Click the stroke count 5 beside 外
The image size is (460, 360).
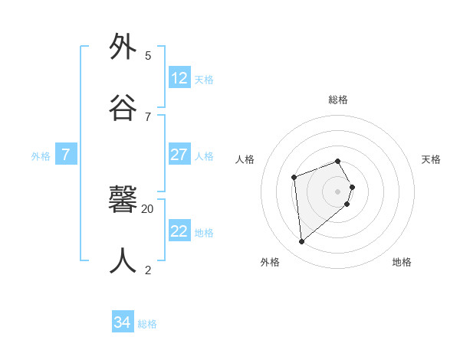click(x=148, y=55)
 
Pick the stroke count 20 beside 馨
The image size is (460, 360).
click(x=148, y=208)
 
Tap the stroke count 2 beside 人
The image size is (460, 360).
click(x=148, y=270)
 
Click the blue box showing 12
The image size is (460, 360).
click(x=179, y=78)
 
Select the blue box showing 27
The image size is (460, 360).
click(x=179, y=155)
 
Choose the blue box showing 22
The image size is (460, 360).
click(x=179, y=231)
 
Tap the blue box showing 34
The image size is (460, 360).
click(x=123, y=322)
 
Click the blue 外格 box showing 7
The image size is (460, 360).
click(x=66, y=155)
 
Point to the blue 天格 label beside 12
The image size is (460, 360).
click(x=204, y=79)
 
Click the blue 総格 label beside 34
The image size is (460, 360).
click(x=147, y=324)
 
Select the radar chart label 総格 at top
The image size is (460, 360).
click(x=338, y=100)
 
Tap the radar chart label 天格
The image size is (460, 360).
click(x=431, y=159)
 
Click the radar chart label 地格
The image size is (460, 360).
click(x=402, y=262)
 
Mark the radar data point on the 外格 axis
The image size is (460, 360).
click(x=302, y=242)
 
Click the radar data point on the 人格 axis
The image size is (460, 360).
click(x=294, y=178)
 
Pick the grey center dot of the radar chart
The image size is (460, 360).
click(x=338, y=191)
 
